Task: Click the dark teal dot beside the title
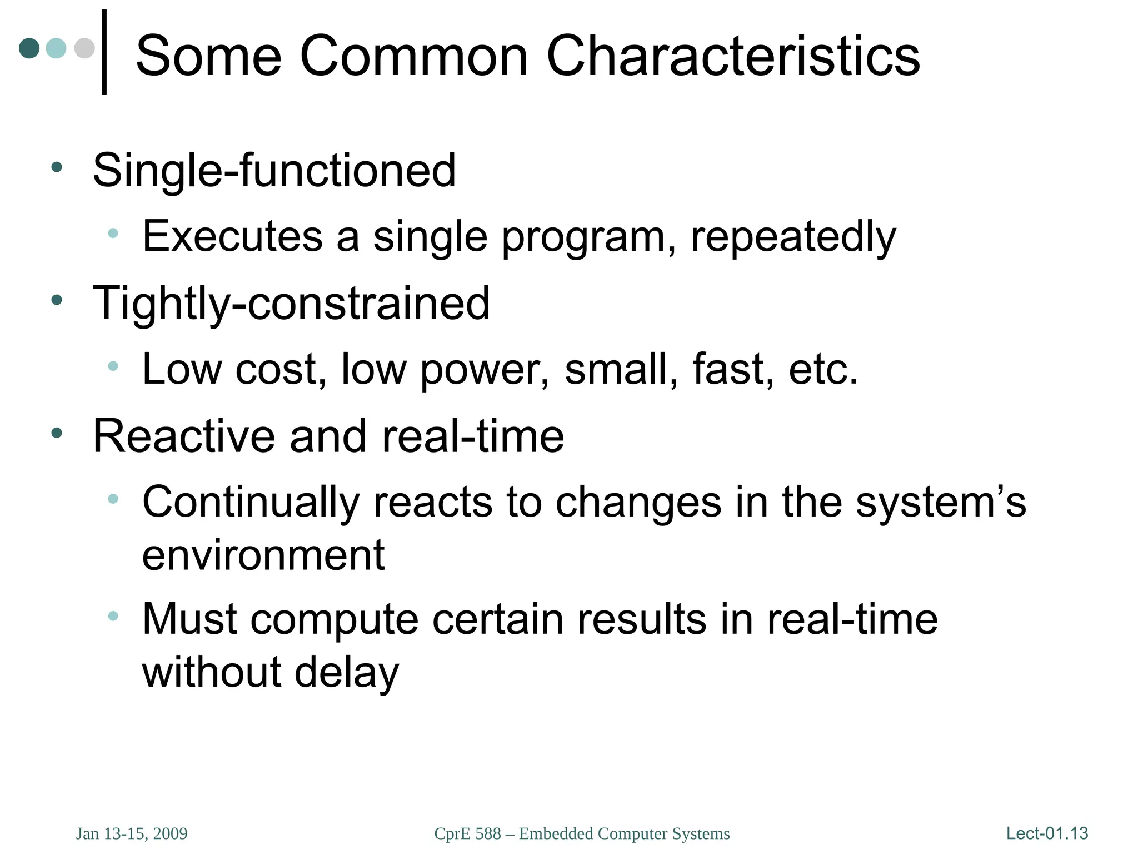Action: [29, 48]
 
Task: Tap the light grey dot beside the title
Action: [84, 48]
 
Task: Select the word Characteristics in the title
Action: [733, 56]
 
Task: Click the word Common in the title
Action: [413, 56]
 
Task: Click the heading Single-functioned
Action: [274, 170]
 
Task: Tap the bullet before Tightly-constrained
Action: [56, 300]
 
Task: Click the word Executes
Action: [232, 236]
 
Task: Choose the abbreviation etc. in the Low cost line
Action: [823, 370]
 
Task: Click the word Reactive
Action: [184, 436]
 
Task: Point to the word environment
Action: [263, 555]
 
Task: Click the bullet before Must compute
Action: [113, 615]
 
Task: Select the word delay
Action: [347, 673]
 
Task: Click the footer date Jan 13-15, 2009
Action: [132, 833]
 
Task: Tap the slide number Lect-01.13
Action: [1047, 833]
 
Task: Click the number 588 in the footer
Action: [488, 833]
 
